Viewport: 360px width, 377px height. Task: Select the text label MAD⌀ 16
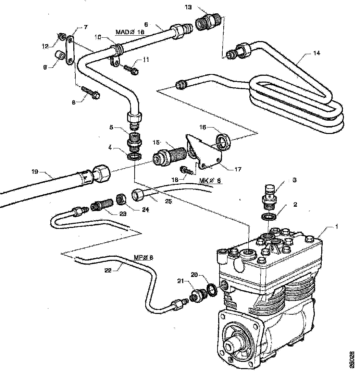[x=130, y=32]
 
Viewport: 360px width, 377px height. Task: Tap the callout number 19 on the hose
[x=44, y=171]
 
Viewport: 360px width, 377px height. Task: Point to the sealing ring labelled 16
[x=224, y=142]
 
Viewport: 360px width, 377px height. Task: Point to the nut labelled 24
[x=121, y=198]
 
